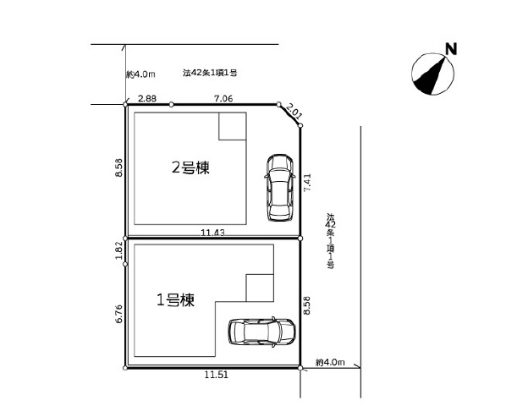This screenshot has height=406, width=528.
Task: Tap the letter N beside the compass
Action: click(452, 49)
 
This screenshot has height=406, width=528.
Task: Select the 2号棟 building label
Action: click(190, 167)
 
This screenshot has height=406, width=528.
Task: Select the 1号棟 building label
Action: click(176, 299)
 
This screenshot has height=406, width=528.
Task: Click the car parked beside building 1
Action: click(261, 332)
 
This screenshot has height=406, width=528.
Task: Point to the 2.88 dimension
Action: click(147, 99)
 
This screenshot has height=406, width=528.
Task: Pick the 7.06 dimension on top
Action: click(224, 99)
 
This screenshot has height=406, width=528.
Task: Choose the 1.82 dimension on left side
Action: click(119, 250)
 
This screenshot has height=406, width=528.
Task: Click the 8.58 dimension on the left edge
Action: click(119, 168)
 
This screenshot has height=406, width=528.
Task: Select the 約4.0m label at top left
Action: click(140, 74)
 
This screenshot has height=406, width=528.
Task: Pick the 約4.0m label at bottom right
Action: click(330, 362)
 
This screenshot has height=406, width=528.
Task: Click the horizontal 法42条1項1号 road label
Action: click(209, 74)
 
